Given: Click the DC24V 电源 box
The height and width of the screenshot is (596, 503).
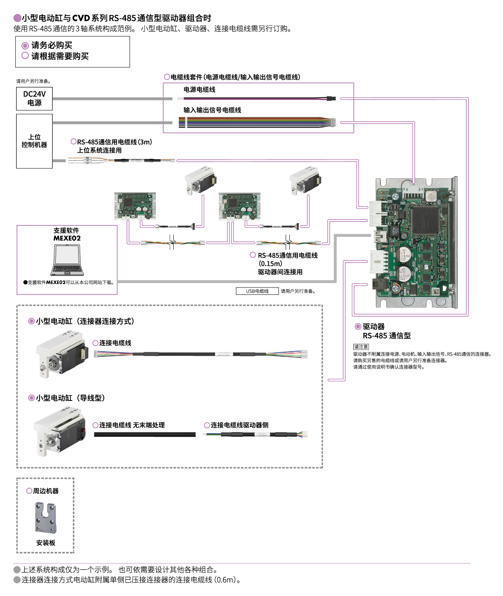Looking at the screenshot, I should coord(34,98).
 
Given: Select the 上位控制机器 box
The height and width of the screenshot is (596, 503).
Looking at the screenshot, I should coord(34,141).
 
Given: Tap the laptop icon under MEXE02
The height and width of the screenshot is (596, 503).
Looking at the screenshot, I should coord(67,260).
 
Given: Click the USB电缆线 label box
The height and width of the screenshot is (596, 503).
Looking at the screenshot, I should coord(257,291).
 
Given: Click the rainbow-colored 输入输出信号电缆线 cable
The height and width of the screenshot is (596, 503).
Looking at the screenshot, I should coord(255,122).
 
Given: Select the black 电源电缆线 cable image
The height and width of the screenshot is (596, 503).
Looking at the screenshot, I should coord(255,98).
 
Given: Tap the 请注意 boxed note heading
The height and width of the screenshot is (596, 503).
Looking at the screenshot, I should coord(361,347).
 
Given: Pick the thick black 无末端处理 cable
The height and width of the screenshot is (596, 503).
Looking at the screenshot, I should coord(145,434).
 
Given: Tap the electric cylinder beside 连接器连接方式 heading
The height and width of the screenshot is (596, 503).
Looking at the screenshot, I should coord(61,353).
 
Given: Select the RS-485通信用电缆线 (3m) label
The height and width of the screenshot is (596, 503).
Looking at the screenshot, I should coord(114,142).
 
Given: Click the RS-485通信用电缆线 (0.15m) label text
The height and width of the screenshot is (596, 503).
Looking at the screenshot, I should coord(287,256).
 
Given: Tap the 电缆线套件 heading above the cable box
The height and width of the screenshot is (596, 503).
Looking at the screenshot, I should coord(235,77).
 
